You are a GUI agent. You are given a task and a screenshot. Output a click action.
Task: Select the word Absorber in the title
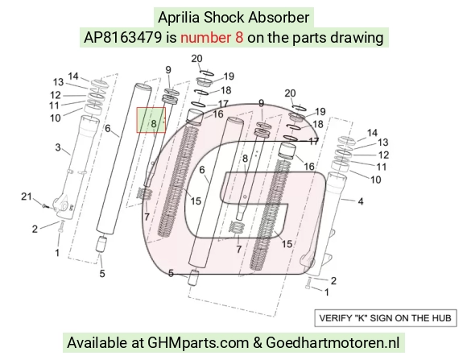pyautogui.click(x=279, y=17)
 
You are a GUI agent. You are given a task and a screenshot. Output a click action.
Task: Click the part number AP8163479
pyautogui.click(x=123, y=38)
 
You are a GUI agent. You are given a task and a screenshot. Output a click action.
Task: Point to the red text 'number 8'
pyautogui.click(x=212, y=38)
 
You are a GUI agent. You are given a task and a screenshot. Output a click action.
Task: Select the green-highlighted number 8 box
pyautogui.click(x=151, y=120)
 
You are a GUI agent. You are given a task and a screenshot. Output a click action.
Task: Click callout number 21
pyautogui.click(x=27, y=197)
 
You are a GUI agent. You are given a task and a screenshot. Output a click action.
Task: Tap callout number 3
pyautogui.click(x=58, y=147)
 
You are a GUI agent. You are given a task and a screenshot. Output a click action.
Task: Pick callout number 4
pyautogui.click(x=361, y=202)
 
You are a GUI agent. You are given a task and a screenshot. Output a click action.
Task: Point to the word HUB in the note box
pyautogui.click(x=441, y=318)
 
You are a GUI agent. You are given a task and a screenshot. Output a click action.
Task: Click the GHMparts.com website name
pyautogui.click(x=198, y=343)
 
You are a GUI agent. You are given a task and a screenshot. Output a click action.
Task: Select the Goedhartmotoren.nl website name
pyautogui.click(x=333, y=343)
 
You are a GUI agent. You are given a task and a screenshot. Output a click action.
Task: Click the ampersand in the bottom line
pyautogui.click(x=258, y=343)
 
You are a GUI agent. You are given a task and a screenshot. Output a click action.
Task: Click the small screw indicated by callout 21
pyautogui.click(x=44, y=205)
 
